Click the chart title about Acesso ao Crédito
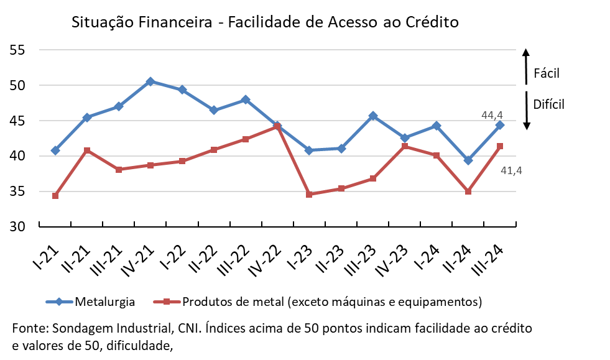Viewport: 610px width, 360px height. [x=265, y=23]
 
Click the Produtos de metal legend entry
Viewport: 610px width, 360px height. [x=332, y=302]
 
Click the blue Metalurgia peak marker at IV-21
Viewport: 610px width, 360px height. [x=150, y=81]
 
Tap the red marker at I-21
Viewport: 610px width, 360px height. [x=55, y=196]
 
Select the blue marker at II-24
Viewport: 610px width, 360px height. [x=468, y=160]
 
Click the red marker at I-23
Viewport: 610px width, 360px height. [x=309, y=195]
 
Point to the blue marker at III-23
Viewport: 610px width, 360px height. [x=373, y=116]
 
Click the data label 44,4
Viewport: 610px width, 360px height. [x=492, y=115]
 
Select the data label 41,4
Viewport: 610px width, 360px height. [x=511, y=169]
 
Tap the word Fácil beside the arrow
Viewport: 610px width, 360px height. [x=547, y=73]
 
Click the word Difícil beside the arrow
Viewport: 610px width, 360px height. [x=548, y=104]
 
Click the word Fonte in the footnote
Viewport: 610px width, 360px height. [x=29, y=328]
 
